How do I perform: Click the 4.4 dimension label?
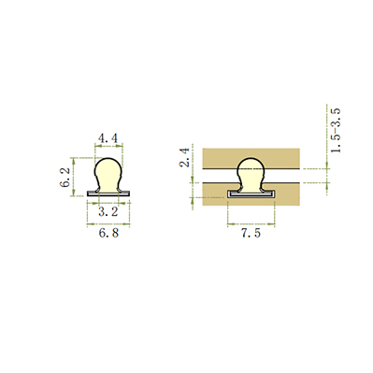pyautogui.click(x=108, y=138)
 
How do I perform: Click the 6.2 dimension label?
pyautogui.click(x=65, y=178)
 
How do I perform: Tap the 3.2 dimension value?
pyautogui.click(x=108, y=212)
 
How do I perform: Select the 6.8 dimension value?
pyautogui.click(x=108, y=233)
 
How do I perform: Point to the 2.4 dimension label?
pyautogui.click(x=185, y=157)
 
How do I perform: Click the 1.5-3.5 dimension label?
pyautogui.click(x=336, y=130)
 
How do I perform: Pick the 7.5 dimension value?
pyautogui.click(x=251, y=233)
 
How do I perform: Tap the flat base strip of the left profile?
pyautogui.click(x=108, y=194)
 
